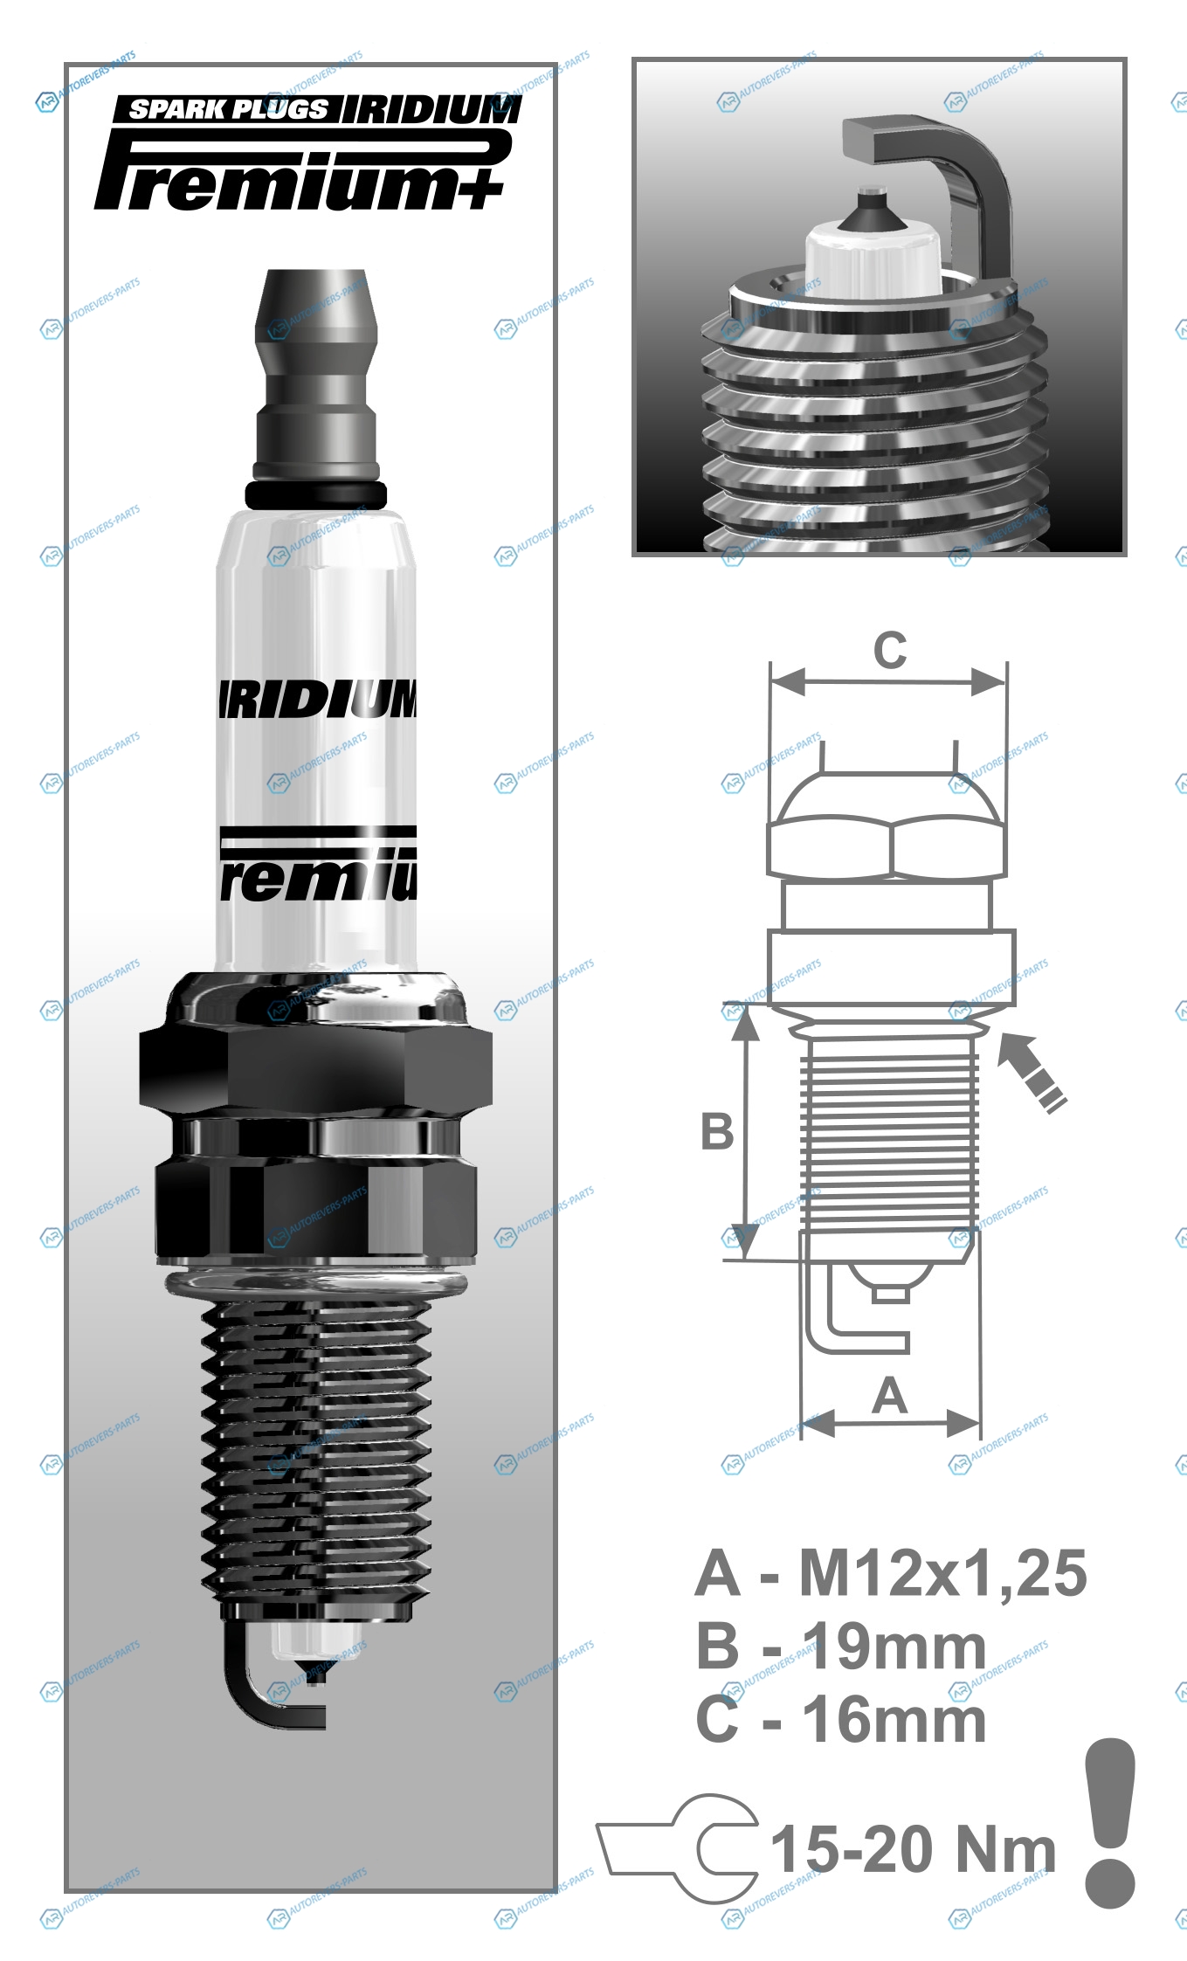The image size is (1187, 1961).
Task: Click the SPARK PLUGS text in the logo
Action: [229, 109]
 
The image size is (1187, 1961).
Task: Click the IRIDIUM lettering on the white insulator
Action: [317, 699]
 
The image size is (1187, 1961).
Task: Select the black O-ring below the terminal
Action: [315, 494]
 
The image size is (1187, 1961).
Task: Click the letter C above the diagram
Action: [890, 651]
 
